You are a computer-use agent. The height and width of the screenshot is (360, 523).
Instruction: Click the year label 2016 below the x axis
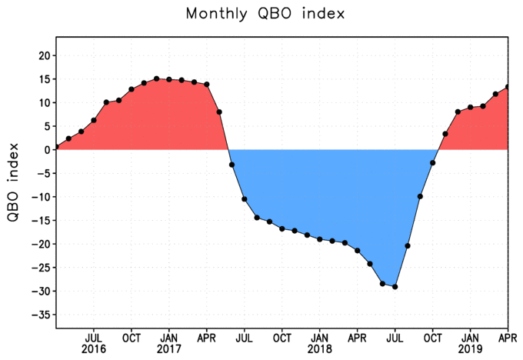(94, 348)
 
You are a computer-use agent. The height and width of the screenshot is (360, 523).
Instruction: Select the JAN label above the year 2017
(169, 337)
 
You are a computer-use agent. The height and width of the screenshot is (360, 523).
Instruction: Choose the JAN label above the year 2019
(471, 337)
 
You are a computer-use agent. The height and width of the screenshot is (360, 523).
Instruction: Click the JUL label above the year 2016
(94, 337)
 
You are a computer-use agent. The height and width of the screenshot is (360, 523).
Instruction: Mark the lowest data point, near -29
(395, 287)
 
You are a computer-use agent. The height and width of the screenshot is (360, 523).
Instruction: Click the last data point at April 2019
(508, 87)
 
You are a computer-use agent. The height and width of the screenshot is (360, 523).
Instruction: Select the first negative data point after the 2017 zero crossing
(232, 165)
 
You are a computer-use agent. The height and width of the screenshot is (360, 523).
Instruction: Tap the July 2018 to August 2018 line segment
(401, 266)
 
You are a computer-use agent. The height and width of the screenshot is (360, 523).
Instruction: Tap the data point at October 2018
(433, 163)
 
